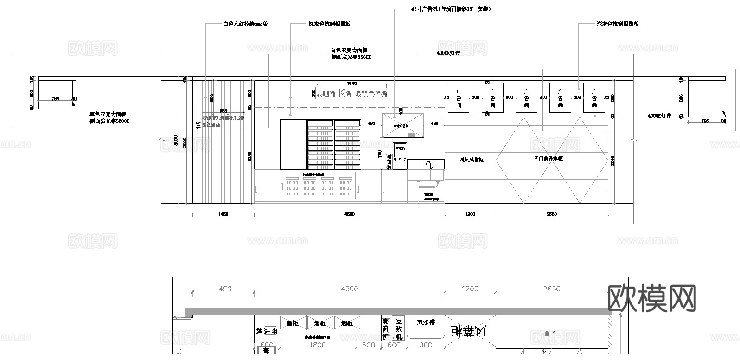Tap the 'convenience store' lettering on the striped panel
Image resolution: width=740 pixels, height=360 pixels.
point(223,121)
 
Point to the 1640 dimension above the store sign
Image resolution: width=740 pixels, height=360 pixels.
point(351,84)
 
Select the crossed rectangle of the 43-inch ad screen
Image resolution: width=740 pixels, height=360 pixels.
point(402,125)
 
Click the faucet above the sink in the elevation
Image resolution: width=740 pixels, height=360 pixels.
point(429,165)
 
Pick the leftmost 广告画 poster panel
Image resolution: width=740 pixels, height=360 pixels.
point(459,98)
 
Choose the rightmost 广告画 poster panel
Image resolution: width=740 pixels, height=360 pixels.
point(594,98)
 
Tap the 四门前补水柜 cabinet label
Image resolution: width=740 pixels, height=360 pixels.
point(548,158)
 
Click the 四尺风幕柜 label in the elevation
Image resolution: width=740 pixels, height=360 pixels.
point(471,160)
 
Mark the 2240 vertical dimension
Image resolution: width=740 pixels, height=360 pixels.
point(249,156)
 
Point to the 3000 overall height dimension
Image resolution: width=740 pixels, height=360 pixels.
point(176,141)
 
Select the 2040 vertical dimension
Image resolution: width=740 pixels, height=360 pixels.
point(613,161)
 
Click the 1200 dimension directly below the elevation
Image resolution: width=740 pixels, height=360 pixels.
point(470,214)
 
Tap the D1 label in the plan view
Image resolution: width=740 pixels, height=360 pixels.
point(550,335)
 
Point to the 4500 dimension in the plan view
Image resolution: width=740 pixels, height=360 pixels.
point(349,289)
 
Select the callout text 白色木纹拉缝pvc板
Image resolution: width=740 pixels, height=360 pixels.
point(245,24)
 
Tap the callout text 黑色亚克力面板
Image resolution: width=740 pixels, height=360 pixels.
point(108,114)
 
